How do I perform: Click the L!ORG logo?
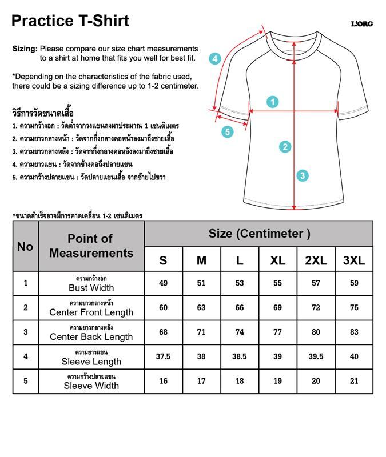(361, 24)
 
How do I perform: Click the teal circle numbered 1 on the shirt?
(273, 102)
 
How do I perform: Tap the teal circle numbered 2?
(286, 147)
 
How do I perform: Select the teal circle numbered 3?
(303, 175)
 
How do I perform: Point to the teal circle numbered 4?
(214, 58)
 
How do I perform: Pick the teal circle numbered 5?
(228, 132)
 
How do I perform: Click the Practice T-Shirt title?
(70, 21)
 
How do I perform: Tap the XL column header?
(278, 260)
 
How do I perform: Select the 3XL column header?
(354, 260)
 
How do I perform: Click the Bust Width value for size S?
(164, 283)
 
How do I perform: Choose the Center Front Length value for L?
(240, 308)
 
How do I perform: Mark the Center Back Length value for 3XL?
(354, 332)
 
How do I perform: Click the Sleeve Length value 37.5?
(164, 356)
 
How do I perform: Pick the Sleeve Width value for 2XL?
(316, 381)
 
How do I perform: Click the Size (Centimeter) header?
(259, 234)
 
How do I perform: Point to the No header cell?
(25, 246)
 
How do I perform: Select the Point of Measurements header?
(91, 246)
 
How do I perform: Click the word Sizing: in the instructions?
(25, 49)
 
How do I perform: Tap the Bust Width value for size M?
(201, 283)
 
